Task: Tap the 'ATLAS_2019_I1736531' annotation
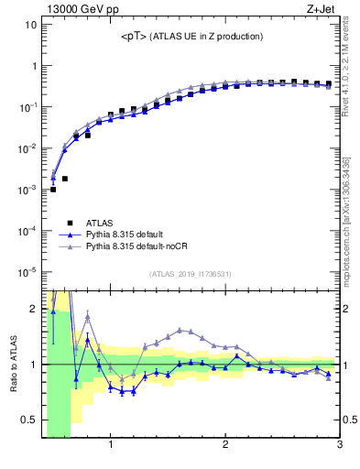[191, 273]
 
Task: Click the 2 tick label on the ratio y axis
[34, 308]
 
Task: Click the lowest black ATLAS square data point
[53, 190]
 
